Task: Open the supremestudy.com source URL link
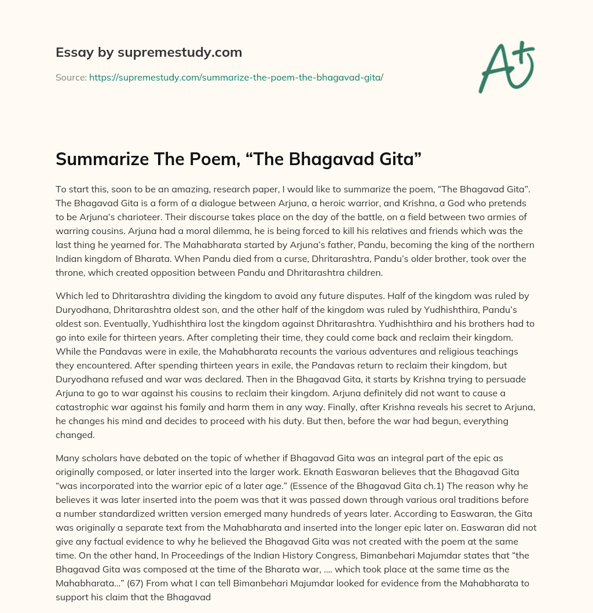(236, 77)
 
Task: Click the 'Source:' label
(71, 77)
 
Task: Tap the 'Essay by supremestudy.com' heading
(149, 53)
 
